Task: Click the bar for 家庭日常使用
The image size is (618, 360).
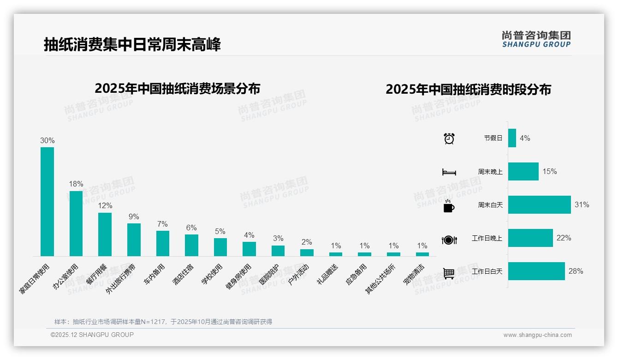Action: (47, 202)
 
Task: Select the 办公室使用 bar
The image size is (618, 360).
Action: (76, 223)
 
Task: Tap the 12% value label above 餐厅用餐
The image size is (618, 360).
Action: (105, 206)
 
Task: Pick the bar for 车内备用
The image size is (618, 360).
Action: (163, 243)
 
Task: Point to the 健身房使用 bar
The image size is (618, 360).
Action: (249, 249)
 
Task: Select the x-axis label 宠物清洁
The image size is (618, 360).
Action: (414, 275)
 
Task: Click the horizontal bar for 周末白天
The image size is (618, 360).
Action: (539, 205)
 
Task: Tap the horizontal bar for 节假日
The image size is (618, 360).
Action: (512, 138)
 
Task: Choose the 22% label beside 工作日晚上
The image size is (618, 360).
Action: (564, 238)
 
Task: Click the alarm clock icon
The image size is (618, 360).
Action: (449, 138)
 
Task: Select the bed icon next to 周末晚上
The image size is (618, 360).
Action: (449, 172)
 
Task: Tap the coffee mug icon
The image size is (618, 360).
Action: (449, 206)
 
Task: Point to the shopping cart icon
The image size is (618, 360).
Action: (449, 273)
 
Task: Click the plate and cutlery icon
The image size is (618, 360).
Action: (449, 240)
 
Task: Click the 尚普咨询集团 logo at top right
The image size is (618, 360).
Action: (536, 39)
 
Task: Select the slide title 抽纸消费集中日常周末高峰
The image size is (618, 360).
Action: (132, 44)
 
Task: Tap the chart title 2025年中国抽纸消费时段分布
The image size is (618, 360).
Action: (468, 90)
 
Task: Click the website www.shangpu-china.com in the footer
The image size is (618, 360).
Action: (537, 335)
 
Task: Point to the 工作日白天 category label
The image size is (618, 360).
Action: (487, 271)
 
